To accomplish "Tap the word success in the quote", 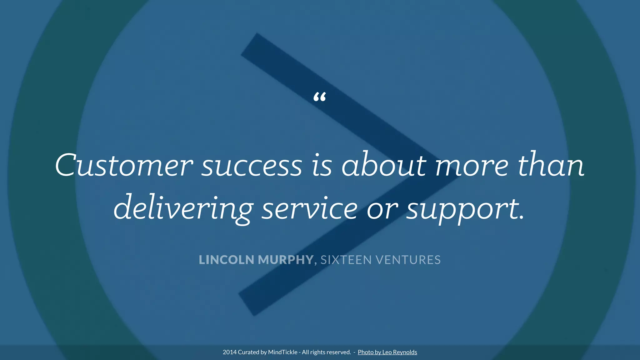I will tap(252, 166).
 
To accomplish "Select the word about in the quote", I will tap(384, 165).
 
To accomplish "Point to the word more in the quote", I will tap(472, 166).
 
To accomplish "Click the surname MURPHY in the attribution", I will tap(286, 260).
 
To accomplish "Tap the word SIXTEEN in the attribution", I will tap(346, 260).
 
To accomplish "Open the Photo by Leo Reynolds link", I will tap(387, 352).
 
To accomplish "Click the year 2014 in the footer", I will tap(229, 352).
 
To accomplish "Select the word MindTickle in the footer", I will tap(282, 352).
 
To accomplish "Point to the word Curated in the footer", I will tap(248, 352).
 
